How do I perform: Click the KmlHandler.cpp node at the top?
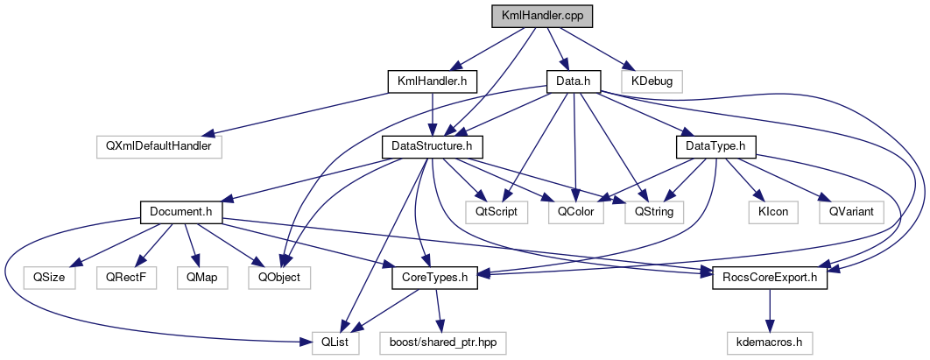point(536,16)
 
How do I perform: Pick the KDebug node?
point(652,81)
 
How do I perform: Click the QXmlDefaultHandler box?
point(159,146)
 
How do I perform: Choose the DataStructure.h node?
point(433,146)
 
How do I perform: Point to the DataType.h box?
point(716,146)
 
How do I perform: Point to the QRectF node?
point(125,278)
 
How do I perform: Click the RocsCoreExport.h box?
point(770,278)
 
